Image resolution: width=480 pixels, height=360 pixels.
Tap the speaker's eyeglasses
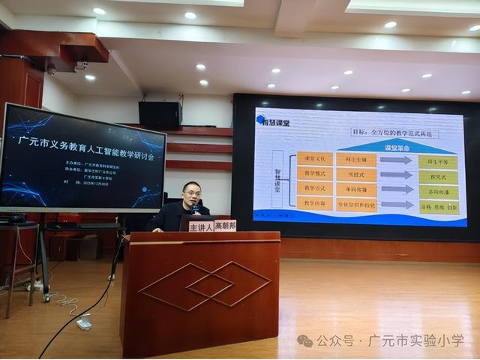(x=192, y=193)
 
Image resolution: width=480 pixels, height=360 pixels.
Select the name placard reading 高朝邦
(x=225, y=225)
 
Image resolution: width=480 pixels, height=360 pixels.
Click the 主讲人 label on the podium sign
(x=201, y=226)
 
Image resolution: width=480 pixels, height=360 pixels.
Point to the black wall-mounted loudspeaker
(x=160, y=115)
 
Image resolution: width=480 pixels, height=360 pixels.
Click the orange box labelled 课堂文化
(x=314, y=159)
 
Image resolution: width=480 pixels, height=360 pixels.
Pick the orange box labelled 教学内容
(x=314, y=203)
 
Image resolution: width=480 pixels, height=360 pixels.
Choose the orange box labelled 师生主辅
(x=355, y=159)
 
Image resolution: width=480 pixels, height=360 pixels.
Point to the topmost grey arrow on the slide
(x=397, y=160)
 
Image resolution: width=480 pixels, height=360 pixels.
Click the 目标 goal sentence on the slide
(x=394, y=133)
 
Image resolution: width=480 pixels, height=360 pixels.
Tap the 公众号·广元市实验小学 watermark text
(x=390, y=340)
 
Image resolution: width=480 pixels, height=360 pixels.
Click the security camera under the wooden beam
(x=51, y=69)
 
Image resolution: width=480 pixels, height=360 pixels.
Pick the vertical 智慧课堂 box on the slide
(x=277, y=181)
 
